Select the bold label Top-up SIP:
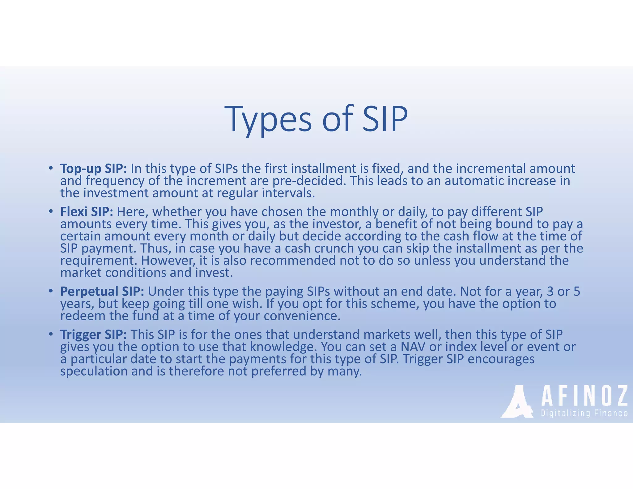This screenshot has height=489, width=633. [x=93, y=169]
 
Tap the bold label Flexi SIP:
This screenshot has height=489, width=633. [x=87, y=212]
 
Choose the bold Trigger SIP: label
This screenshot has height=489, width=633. [x=93, y=335]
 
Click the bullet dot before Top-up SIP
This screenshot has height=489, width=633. [x=50, y=168]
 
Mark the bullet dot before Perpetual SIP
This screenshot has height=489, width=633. [x=50, y=291]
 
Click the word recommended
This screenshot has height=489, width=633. [x=293, y=261]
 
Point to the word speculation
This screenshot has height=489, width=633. [x=94, y=371]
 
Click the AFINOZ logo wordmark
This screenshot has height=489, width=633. [x=584, y=396]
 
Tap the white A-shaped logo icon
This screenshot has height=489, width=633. [x=517, y=402]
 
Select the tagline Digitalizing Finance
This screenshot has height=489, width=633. [x=584, y=413]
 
